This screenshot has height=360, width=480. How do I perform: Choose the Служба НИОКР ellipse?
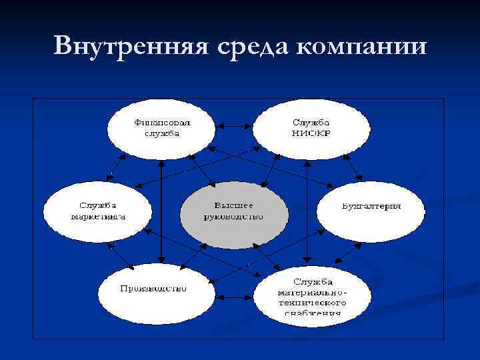(x=311, y=128)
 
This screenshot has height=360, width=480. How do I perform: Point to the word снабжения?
(x=311, y=312)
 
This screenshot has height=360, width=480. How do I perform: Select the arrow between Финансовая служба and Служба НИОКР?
(x=235, y=124)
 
